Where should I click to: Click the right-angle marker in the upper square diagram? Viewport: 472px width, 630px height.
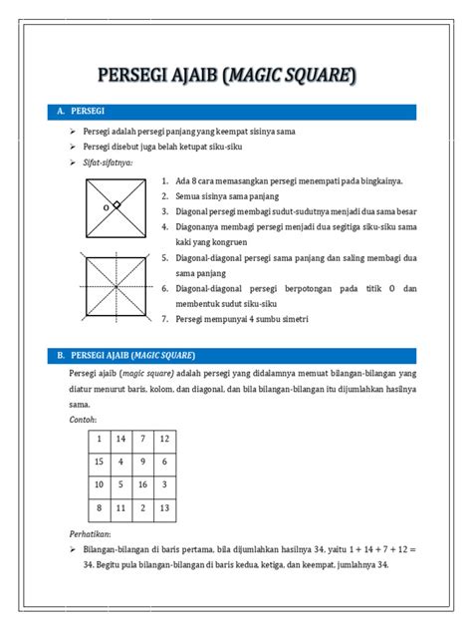(x=117, y=205)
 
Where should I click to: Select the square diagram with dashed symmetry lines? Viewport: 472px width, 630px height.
(x=117, y=287)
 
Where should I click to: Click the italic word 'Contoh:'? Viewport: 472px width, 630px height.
(x=84, y=420)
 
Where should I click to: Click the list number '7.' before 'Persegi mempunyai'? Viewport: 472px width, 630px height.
(x=165, y=319)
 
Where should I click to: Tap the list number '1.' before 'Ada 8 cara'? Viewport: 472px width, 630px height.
(x=165, y=181)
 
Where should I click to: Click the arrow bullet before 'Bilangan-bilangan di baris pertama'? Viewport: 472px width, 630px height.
(x=75, y=549)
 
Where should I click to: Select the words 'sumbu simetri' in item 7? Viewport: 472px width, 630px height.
(x=283, y=319)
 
